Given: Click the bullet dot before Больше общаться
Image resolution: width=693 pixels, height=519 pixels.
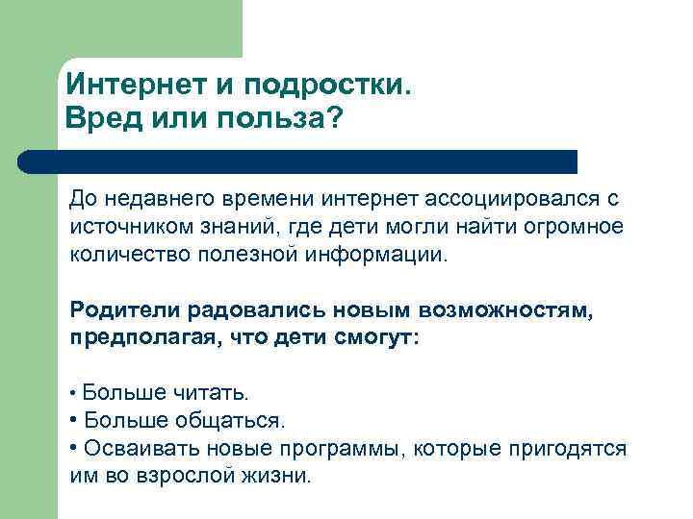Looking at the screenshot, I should (75, 421).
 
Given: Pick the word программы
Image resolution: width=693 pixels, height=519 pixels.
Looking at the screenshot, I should (321, 449).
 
